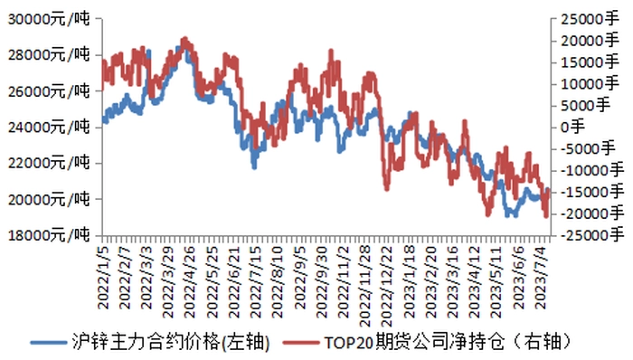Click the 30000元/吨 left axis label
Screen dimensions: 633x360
click(x=49, y=19)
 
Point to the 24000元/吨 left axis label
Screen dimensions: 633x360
click(x=49, y=128)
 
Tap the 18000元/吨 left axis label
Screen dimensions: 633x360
click(x=49, y=234)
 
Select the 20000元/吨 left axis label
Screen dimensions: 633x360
click(x=49, y=199)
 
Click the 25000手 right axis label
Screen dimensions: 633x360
click(x=590, y=19)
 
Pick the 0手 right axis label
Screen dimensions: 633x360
click(x=572, y=127)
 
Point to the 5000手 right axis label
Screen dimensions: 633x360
click(x=585, y=105)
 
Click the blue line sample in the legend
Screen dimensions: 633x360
click(x=49, y=343)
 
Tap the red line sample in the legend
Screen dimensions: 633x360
click(x=301, y=343)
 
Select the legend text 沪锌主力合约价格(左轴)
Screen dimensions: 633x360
click(x=171, y=342)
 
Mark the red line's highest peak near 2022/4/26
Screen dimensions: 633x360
click(x=184, y=39)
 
